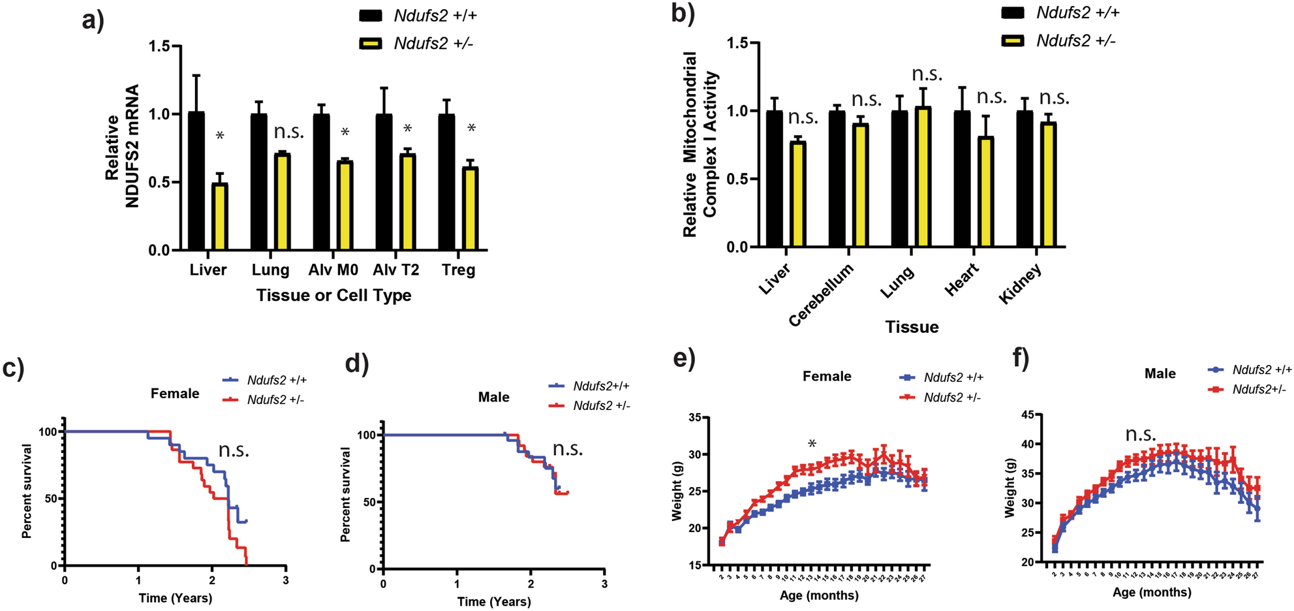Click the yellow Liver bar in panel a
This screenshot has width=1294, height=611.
tap(220, 217)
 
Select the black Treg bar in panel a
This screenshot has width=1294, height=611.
tap(446, 182)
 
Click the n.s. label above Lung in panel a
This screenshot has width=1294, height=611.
tap(289, 132)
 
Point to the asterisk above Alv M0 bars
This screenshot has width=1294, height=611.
tap(345, 133)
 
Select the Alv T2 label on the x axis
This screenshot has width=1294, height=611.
tap(396, 270)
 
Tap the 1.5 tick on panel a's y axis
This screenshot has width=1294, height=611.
tap(159, 46)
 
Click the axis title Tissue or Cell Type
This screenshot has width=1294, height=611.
tap(333, 296)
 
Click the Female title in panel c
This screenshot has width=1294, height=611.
tap(175, 394)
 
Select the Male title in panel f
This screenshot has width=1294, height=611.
tap(1160, 374)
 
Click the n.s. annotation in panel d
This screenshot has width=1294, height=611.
tap(568, 449)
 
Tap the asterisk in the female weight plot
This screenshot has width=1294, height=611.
tap(812, 445)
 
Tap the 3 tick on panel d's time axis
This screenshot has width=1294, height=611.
tap(604, 584)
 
